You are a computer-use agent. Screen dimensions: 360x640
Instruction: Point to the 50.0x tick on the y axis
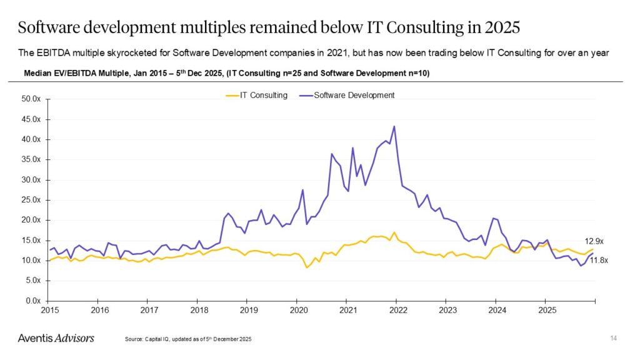coord(31,99)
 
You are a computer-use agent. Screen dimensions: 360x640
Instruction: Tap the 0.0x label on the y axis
coord(32,301)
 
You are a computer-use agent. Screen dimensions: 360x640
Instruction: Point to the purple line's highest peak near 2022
coord(394,126)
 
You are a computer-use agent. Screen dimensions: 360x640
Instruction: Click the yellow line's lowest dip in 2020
coord(307,267)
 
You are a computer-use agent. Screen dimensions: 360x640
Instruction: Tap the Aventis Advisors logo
coord(56,338)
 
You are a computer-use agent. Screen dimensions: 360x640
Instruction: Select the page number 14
coord(613,338)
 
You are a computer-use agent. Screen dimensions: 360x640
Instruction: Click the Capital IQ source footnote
coord(189,339)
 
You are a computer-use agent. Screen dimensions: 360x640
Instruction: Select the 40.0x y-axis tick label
coord(31,139)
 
